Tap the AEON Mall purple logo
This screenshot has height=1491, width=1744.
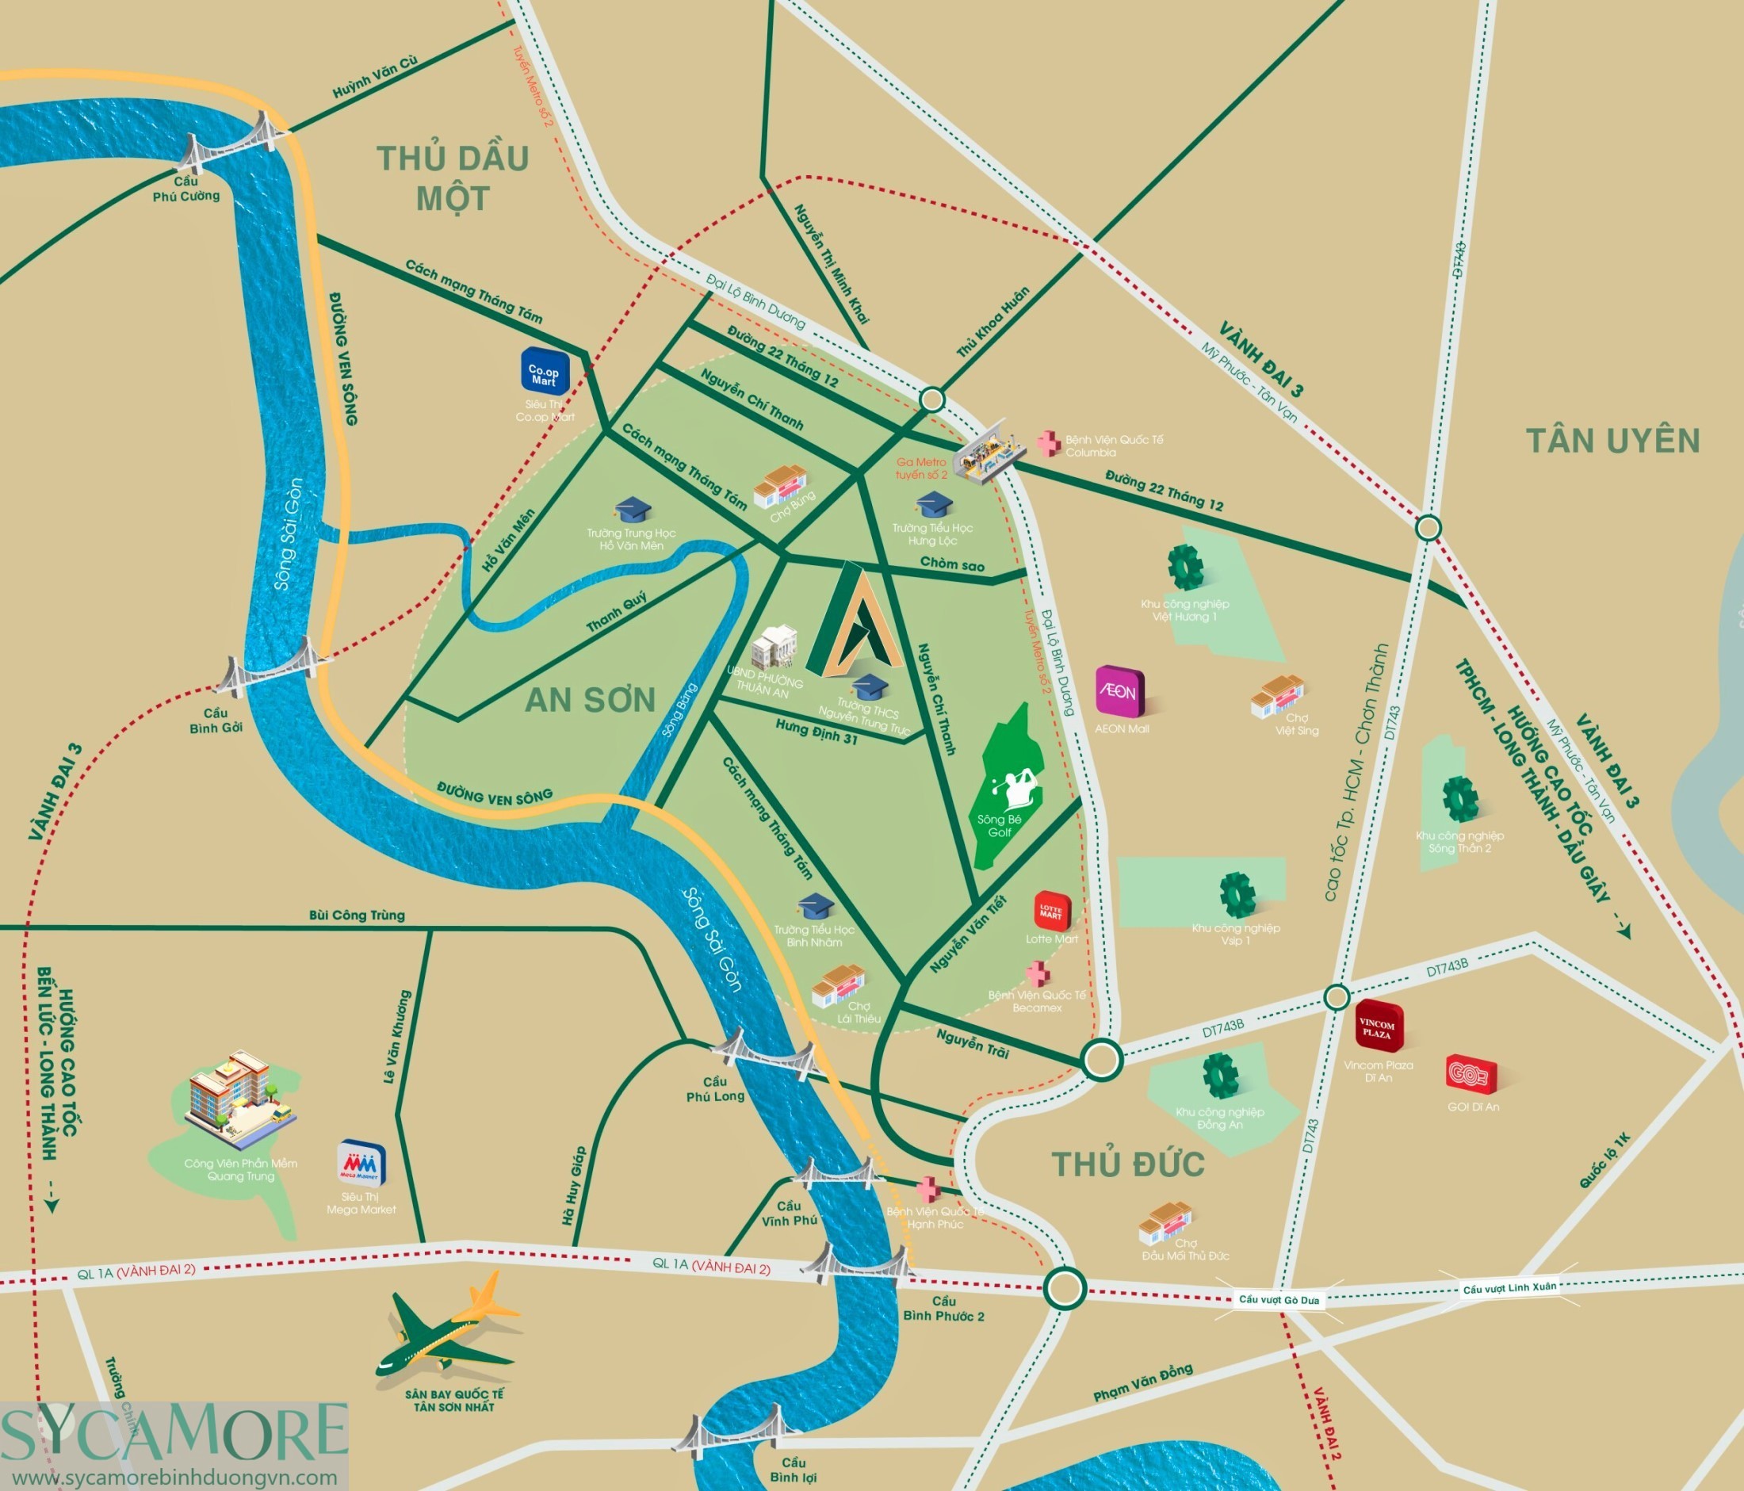[x=1119, y=693]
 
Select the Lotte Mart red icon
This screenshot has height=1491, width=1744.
[x=1051, y=912]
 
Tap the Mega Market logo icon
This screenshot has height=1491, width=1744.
[x=362, y=1164]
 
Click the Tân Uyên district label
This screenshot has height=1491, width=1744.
[x=1612, y=441]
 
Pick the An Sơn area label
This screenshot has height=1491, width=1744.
[x=590, y=700]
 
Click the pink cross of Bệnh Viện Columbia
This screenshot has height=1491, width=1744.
[x=1048, y=443]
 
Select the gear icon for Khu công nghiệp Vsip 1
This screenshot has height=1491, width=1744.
[x=1237, y=894]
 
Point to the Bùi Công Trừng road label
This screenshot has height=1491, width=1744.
[x=357, y=916]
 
